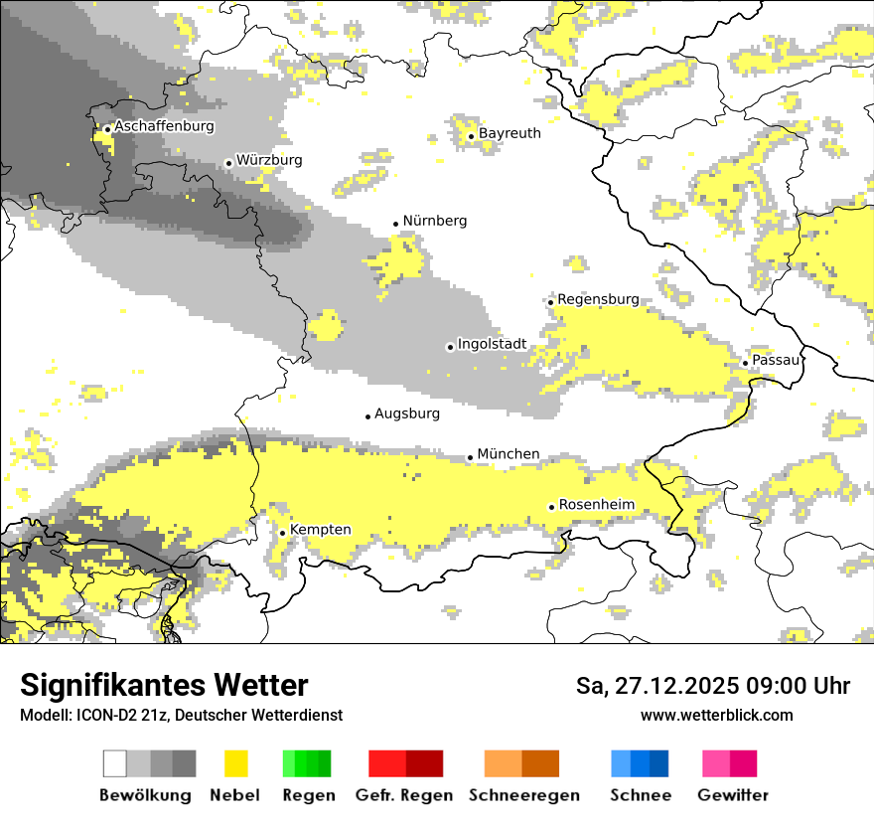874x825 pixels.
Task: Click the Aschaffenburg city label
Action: [x=164, y=127]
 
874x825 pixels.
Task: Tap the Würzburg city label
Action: [x=269, y=160]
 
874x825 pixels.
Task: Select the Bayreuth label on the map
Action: [x=510, y=133]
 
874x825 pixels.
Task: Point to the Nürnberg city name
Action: [x=434, y=221]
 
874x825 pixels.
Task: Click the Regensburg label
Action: [x=598, y=299]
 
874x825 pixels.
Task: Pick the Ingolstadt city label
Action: [x=492, y=344]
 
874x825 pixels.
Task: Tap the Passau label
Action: [x=776, y=360]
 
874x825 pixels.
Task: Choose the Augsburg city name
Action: [x=407, y=413]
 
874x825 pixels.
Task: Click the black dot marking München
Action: [x=470, y=457]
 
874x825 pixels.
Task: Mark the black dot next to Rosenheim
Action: [x=551, y=507]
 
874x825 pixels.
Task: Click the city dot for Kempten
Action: [x=282, y=533]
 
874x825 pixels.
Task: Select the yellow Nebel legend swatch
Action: [x=236, y=763]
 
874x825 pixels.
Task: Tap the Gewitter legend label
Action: [x=733, y=795]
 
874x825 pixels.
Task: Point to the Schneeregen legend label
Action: [x=523, y=795]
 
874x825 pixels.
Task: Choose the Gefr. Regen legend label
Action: [x=404, y=795]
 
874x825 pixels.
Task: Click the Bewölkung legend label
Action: [x=145, y=795]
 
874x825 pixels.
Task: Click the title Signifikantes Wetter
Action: [x=164, y=686]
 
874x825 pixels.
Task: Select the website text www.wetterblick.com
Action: [x=716, y=716]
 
